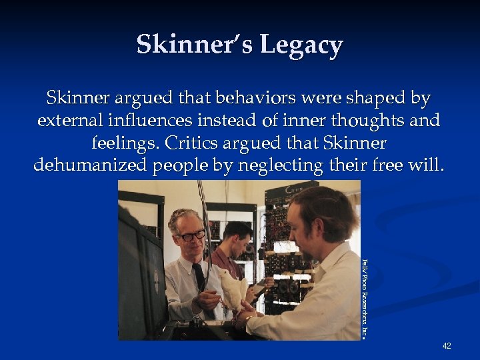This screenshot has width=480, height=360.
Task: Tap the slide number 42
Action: (x=446, y=345)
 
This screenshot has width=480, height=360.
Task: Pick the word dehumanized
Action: (x=91, y=165)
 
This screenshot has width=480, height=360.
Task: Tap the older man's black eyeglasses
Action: (x=191, y=235)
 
